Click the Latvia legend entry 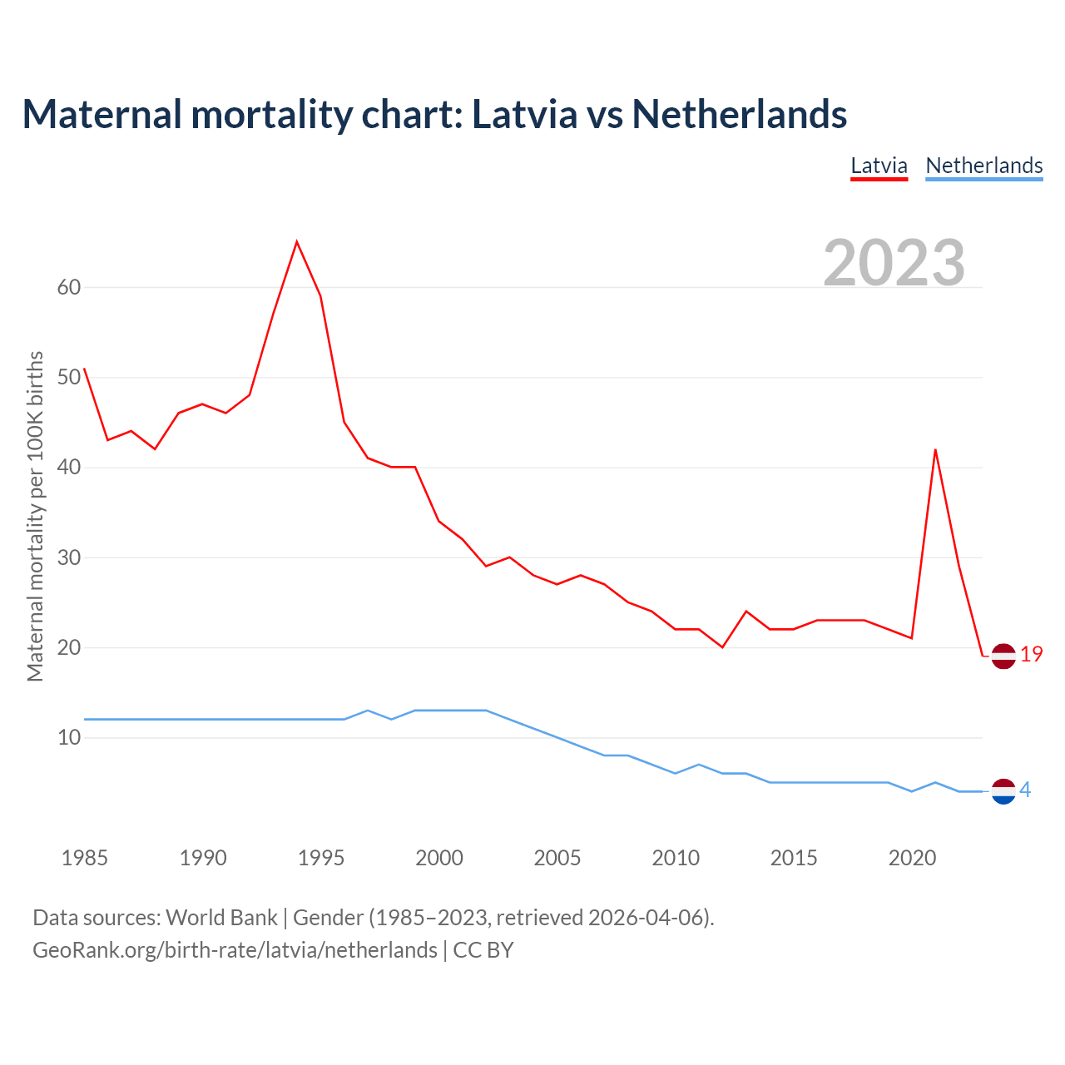point(879,166)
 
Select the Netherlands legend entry point(983,166)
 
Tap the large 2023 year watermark point(894,263)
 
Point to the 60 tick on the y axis point(69,288)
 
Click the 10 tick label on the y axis point(69,738)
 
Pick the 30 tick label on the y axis point(69,557)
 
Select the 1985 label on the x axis point(85,858)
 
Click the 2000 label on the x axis point(439,858)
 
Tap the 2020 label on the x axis point(912,858)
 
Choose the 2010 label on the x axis point(676,858)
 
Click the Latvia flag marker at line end point(1003,656)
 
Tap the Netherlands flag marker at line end point(1003,791)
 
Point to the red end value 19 point(1032,655)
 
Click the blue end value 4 point(1025,790)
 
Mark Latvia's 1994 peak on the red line point(297,242)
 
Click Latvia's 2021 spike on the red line point(936,450)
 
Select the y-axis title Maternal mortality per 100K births point(35,516)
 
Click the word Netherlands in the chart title point(739,114)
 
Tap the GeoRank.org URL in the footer point(235,950)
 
